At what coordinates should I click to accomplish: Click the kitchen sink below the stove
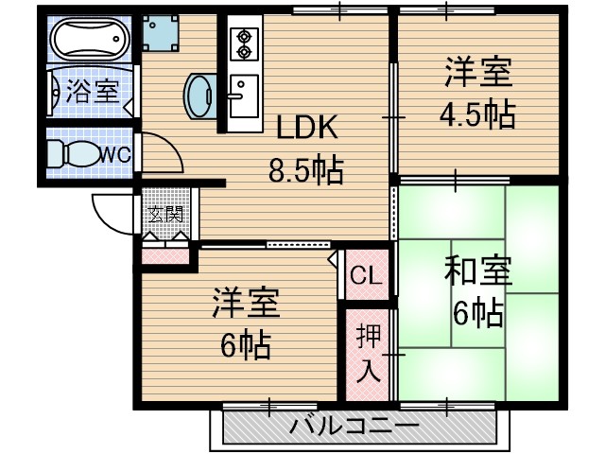pyautogui.click(x=243, y=95)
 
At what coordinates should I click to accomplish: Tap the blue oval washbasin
pyautogui.click(x=201, y=94)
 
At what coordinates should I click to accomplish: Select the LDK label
pyautogui.click(x=306, y=129)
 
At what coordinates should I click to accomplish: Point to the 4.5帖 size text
pyautogui.click(x=476, y=114)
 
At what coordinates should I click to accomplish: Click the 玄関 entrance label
pyautogui.click(x=167, y=216)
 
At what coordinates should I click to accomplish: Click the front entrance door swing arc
pyautogui.click(x=112, y=216)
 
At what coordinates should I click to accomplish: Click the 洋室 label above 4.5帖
pyautogui.click(x=477, y=73)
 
